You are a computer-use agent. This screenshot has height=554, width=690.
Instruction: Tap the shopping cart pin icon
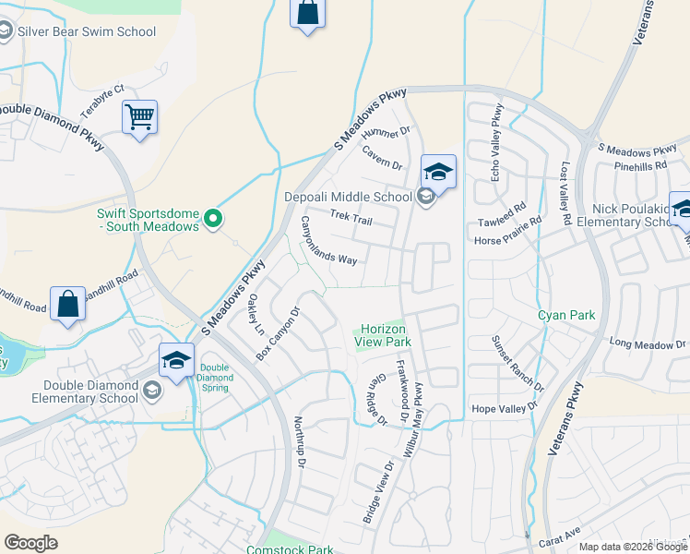click(139, 117)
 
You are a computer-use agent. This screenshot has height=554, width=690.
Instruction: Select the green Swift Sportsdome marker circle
click(213, 219)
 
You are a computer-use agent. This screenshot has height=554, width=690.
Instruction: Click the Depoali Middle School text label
click(354, 197)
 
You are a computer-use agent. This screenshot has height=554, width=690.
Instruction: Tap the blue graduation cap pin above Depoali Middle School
click(438, 172)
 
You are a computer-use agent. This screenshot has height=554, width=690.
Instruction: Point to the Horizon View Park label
click(382, 335)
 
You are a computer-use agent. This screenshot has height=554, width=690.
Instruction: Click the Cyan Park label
click(566, 315)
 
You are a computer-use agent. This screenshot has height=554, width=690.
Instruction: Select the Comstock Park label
click(289, 549)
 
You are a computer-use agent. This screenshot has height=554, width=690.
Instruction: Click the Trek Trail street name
click(351, 218)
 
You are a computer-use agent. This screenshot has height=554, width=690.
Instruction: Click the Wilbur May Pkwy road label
click(412, 415)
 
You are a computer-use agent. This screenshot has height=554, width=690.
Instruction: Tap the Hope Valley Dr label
click(505, 408)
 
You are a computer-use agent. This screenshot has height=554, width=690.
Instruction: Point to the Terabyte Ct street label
click(101, 102)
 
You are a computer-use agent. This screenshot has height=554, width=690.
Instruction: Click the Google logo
click(31, 543)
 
